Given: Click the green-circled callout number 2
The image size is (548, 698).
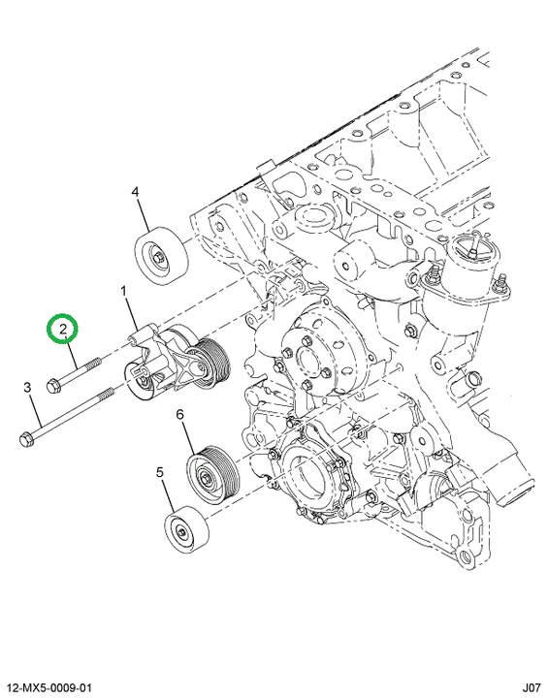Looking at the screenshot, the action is pos(63,329).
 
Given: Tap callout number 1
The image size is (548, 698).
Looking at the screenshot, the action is pos(124,292).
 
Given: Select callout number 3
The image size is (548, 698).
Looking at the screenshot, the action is pos(27,387).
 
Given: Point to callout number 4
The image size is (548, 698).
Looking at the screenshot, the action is pos(135,192).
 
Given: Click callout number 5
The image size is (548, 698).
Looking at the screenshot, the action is pos(160,472).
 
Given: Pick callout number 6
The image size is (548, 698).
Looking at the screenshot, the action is pos(180,415).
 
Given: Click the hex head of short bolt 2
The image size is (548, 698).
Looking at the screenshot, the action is pos(53,385).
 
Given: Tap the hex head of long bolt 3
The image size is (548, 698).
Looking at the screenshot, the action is pos(27,439).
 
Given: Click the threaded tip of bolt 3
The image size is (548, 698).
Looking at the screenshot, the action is pos(108,393).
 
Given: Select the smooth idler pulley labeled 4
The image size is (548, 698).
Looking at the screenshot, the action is pos(161,256).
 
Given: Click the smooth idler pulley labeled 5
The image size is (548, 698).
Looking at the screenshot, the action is pos(187,529).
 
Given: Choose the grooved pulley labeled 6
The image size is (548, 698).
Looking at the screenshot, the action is pos(213,474).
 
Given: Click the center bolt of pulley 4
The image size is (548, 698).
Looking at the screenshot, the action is pos(158,258).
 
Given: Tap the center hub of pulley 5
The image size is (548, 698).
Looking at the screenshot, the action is pos(181,532).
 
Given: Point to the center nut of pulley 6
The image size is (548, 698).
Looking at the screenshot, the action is pos(205,480).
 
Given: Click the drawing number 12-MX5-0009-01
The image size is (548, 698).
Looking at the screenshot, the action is pos(49,688).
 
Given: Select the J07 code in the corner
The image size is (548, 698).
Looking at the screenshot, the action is pos(532,688).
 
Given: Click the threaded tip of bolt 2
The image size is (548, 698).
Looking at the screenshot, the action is pos(96,362).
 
